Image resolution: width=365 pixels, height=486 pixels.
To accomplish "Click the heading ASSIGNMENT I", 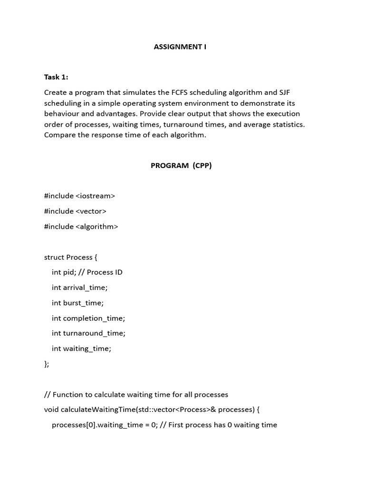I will [180, 47].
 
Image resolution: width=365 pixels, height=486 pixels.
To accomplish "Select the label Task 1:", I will [56, 77].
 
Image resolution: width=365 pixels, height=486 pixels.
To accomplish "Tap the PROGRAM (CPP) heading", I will [181, 166].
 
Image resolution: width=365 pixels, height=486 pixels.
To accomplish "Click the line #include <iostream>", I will [79, 196].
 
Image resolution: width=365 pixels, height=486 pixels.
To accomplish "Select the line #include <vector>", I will [75, 211].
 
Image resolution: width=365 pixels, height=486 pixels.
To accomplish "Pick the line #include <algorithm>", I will [81, 226].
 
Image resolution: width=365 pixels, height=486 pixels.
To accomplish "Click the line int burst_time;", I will [77, 303].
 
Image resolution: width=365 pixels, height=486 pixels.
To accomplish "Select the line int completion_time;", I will [88, 318].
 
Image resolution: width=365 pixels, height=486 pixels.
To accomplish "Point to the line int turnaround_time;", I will [88, 333].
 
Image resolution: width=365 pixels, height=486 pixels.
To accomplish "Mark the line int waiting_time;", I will [81, 348].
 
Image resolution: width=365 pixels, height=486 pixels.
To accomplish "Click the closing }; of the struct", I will [47, 364].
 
